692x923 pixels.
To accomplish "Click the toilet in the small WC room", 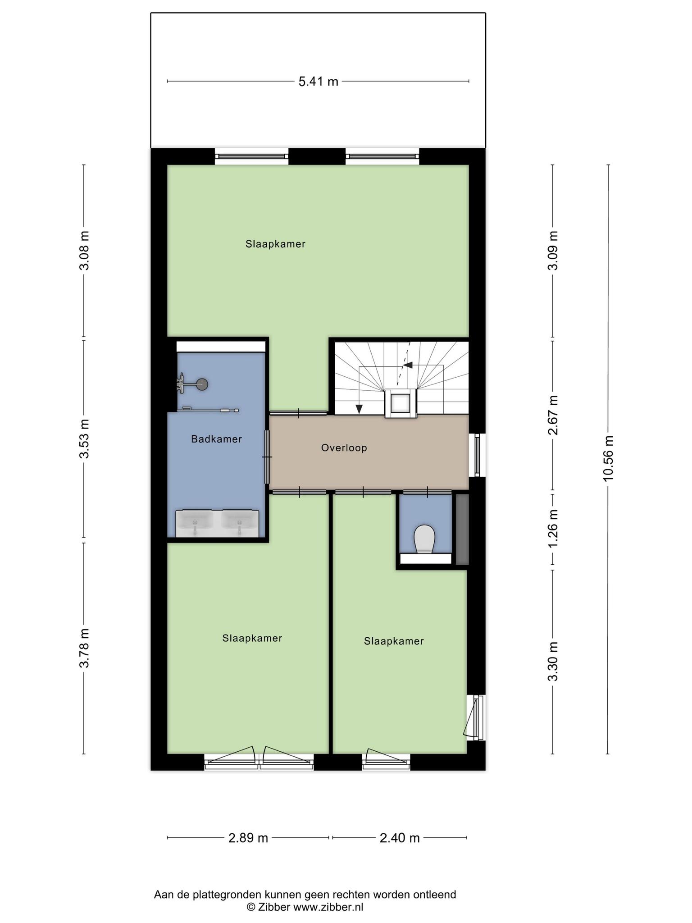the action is (x=424, y=539).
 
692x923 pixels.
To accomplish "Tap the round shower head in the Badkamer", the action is (x=202, y=384).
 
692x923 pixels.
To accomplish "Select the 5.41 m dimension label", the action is (x=319, y=82).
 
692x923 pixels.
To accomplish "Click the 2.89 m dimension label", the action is (x=248, y=838).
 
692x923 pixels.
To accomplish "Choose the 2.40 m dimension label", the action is (x=400, y=838).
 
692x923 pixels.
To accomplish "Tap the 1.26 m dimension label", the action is (x=553, y=528).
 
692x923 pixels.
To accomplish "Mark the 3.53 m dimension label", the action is (x=84, y=439).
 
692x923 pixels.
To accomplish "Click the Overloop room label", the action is (x=344, y=448).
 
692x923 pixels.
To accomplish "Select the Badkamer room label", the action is (x=217, y=439).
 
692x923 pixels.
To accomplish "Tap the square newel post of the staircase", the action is (x=401, y=403).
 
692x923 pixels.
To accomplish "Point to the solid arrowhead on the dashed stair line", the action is (x=408, y=365).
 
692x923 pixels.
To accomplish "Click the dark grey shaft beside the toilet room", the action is (x=462, y=529).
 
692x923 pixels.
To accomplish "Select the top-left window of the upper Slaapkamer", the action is (x=251, y=156).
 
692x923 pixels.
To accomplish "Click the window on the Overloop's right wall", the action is (x=477, y=455).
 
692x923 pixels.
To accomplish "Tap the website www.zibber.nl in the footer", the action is (x=328, y=907).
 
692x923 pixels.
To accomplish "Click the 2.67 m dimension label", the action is (x=553, y=415).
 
